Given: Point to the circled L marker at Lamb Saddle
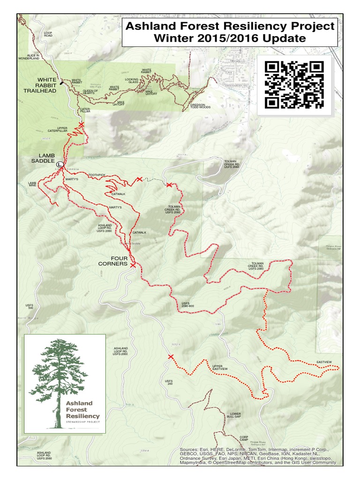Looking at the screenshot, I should pyautogui.click(x=60, y=165).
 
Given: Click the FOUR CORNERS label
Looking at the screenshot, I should pyautogui.click(x=112, y=261).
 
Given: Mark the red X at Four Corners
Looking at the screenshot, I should pyautogui.click(x=133, y=265).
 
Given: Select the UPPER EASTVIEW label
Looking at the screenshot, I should pyautogui.click(x=220, y=367).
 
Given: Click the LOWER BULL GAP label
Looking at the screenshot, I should pyautogui.click(x=233, y=414).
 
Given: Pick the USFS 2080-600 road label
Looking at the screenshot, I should pyautogui.click(x=187, y=305).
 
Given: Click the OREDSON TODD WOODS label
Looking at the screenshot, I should pyautogui.click(x=200, y=106).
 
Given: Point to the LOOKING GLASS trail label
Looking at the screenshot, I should pyautogui.click(x=132, y=81).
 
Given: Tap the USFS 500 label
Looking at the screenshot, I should pyautogui.click(x=30, y=307).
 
